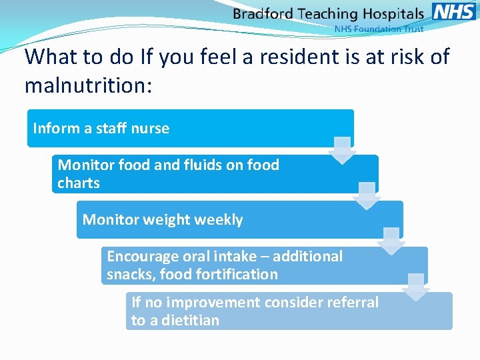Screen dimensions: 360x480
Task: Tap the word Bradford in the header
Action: coord(263,13)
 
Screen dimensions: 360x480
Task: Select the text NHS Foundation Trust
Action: coord(378,29)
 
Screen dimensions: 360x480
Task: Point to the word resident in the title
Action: coord(303,57)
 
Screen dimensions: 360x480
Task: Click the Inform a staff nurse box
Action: coord(190,128)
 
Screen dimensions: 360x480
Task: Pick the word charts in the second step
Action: coord(79,183)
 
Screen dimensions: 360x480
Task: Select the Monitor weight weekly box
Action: coord(239,219)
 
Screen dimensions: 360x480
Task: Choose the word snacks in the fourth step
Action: coord(127,274)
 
